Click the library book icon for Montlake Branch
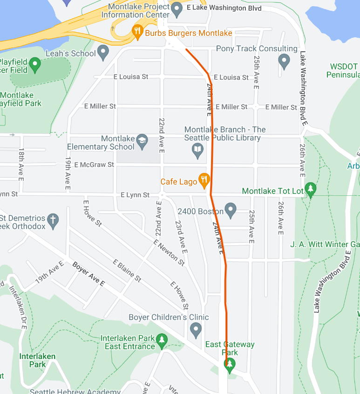click(x=198, y=150)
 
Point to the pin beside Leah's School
click(x=103, y=52)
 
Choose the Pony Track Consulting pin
click(x=284, y=60)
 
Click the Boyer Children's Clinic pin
click(x=196, y=331)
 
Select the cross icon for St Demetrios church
click(x=53, y=221)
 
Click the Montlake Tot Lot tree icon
click(x=311, y=189)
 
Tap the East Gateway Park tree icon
click(x=229, y=365)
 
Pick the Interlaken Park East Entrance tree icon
click(x=162, y=341)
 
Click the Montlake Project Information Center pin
click(x=177, y=8)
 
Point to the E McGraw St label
click(x=91, y=165)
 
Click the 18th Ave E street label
click(x=21, y=165)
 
